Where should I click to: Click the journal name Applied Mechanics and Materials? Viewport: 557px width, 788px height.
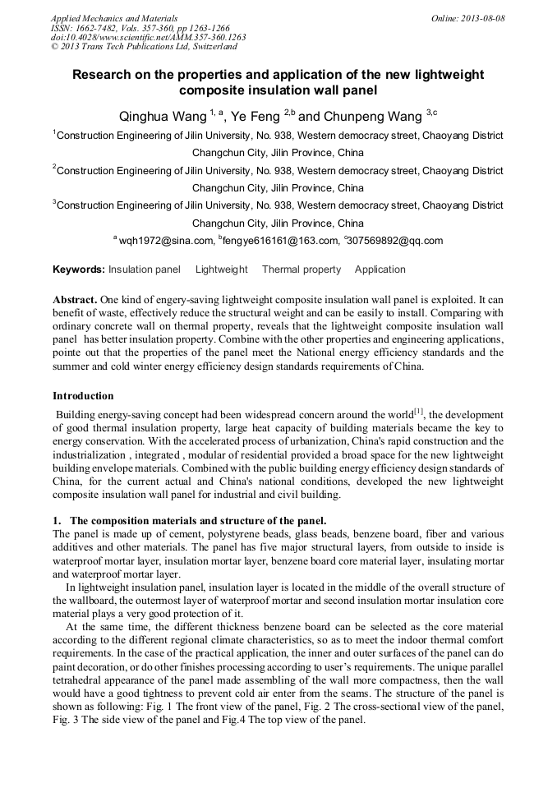point(114,18)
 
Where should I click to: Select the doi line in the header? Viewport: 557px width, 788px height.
point(148,37)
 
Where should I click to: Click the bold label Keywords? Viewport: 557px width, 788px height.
point(79,270)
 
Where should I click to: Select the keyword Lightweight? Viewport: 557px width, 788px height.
point(221,270)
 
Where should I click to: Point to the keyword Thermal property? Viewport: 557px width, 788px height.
point(301,270)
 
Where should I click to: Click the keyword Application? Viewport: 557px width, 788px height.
point(380,270)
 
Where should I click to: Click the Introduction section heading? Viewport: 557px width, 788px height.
point(83,396)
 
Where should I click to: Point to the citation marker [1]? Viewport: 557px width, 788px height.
point(418,411)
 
